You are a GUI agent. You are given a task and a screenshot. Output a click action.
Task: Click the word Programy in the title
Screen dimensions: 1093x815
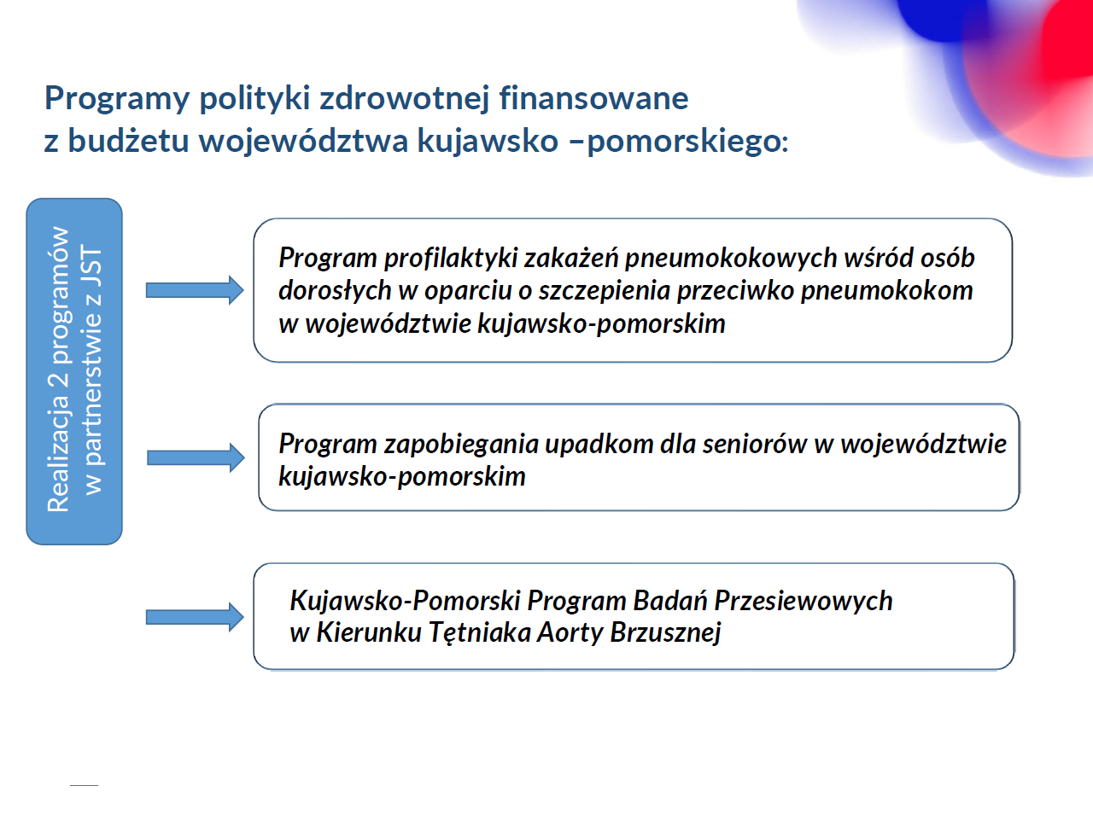coord(117,99)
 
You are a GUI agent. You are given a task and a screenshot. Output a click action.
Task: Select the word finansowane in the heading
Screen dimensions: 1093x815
coord(593,97)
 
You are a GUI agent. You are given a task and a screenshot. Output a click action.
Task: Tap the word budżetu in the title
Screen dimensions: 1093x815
coord(128,140)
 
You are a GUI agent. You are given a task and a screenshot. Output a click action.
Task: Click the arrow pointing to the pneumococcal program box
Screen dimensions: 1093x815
coord(195,290)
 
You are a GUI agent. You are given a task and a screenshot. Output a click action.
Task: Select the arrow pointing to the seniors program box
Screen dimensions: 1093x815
coord(196,457)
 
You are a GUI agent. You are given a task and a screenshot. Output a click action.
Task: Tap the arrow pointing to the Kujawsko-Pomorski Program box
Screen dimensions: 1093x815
coord(195,618)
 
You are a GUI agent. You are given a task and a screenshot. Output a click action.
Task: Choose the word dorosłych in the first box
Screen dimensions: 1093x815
coord(335,290)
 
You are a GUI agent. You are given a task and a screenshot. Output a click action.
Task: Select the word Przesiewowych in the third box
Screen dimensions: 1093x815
coord(804,601)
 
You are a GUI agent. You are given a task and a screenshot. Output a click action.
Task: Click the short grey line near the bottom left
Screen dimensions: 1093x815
coord(85,785)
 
